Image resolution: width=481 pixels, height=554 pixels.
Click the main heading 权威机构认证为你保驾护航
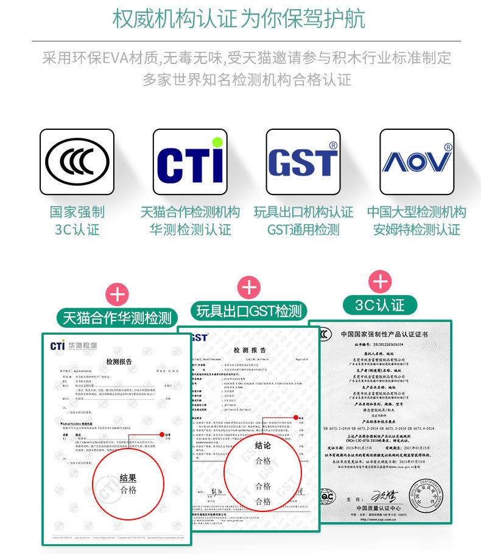[239, 18]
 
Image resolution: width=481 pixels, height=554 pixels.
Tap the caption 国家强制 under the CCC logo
[77, 212]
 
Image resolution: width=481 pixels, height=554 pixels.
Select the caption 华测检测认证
[190, 230]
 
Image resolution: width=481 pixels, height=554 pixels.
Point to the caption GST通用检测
[303, 230]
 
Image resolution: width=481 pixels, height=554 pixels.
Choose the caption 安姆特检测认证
[416, 230]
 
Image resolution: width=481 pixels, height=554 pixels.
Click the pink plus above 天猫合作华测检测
[118, 294]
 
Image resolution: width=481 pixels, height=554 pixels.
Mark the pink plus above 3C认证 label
[381, 281]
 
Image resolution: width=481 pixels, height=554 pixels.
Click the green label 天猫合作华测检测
[118, 318]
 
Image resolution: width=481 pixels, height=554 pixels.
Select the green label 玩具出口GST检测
[249, 311]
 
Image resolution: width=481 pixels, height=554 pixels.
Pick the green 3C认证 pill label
[380, 304]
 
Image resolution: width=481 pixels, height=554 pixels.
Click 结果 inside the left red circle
[128, 478]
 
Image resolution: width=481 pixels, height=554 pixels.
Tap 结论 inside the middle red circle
[263, 446]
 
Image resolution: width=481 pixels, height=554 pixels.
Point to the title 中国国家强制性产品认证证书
[384, 335]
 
